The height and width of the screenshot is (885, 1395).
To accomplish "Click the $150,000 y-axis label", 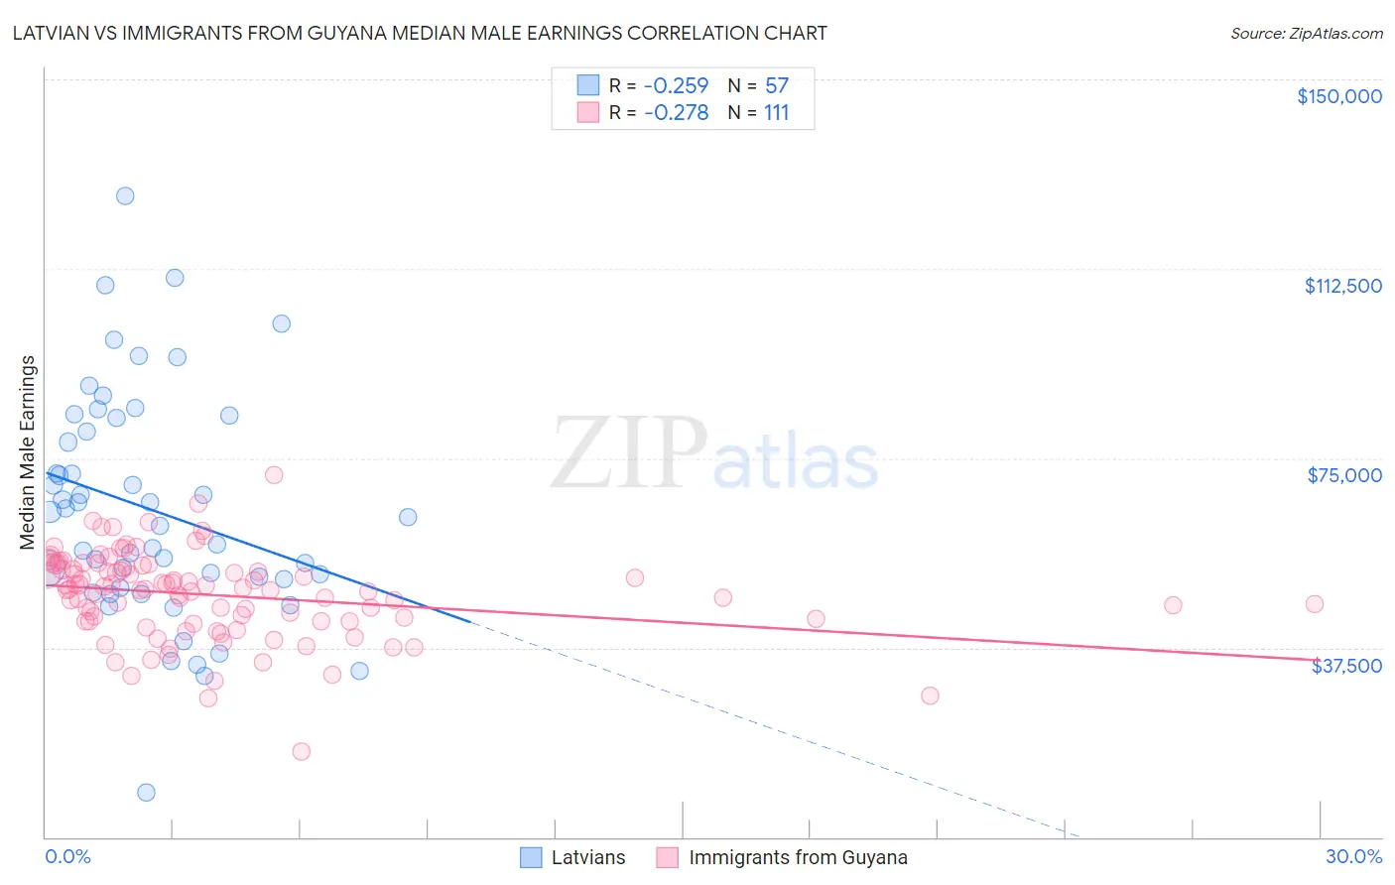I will point(1338,96).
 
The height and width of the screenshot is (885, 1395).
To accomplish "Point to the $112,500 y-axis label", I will point(1342,286).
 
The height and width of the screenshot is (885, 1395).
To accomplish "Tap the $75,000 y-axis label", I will point(1344,475).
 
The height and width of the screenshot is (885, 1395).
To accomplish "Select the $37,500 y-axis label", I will point(1346,666).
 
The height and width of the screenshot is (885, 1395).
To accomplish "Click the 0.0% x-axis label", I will point(67,856).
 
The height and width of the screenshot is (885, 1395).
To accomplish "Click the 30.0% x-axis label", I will point(1353,856).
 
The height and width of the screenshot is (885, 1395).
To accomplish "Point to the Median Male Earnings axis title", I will point(28,452).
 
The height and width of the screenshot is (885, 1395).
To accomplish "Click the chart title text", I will point(419,33).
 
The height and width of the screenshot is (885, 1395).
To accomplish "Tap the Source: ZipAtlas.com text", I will point(1306,33).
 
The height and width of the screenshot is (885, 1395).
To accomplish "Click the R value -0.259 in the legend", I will point(676,85).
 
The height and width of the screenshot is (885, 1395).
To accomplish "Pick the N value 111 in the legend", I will point(776,113).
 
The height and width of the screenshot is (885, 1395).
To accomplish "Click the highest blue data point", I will point(125,195).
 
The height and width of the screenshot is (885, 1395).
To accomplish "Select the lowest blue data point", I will point(146,792).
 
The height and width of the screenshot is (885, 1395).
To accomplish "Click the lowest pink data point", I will point(301,751).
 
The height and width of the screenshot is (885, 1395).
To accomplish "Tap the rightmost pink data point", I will point(1315,604).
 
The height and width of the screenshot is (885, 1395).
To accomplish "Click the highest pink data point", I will point(274,474).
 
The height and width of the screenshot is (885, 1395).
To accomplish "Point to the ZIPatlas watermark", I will point(714,453).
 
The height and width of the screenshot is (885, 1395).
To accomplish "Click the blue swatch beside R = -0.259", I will point(588,85).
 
